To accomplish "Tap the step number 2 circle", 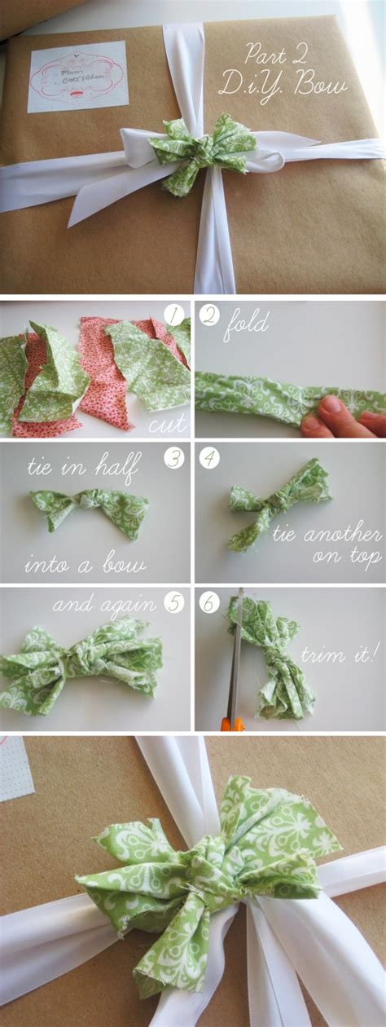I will point(209,315).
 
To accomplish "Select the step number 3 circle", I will point(174,459).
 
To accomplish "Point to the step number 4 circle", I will point(209,459).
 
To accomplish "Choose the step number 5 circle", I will point(174,603).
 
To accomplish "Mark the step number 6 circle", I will point(210,603).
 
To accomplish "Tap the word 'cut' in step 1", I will point(168,423).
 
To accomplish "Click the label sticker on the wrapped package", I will point(77,76).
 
